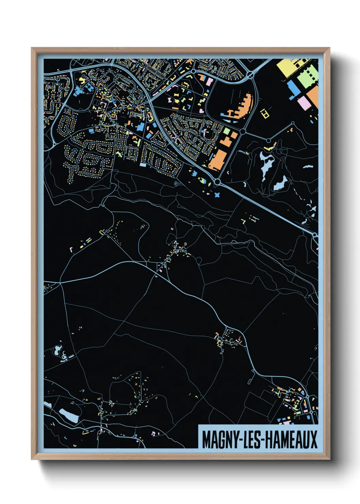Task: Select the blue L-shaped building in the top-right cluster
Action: click(x=293, y=89)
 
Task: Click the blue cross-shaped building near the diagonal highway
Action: click(x=217, y=195)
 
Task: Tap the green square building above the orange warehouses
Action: click(x=227, y=131)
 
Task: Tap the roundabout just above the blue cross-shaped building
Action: click(x=217, y=183)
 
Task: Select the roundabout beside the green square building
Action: click(x=243, y=131)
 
